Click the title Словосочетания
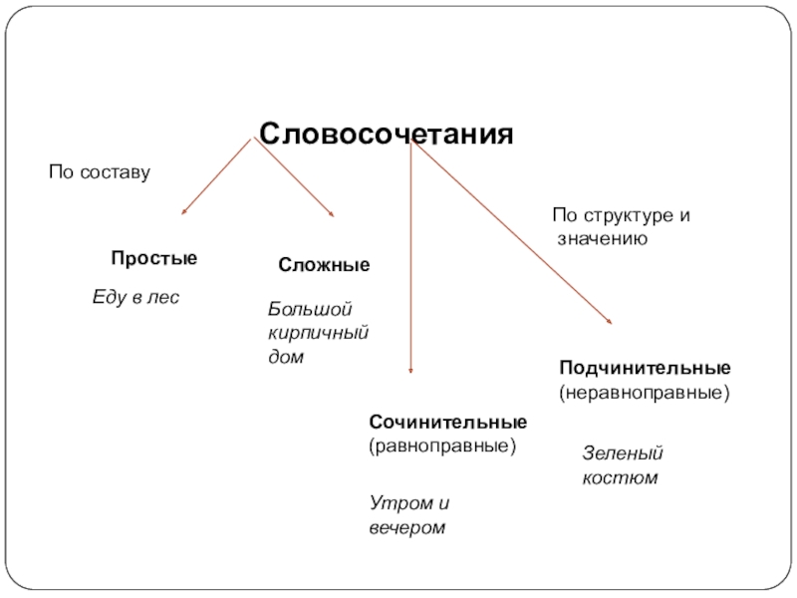click(387, 134)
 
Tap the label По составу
click(100, 173)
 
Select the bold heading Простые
click(153, 258)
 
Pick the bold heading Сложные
click(324, 265)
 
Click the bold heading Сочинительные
click(447, 424)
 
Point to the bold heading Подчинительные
click(644, 369)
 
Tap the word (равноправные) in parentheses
click(443, 446)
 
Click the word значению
click(604, 239)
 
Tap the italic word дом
click(285, 355)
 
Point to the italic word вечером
click(405, 527)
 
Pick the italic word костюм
click(620, 477)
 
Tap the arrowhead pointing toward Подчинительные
click(609, 319)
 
